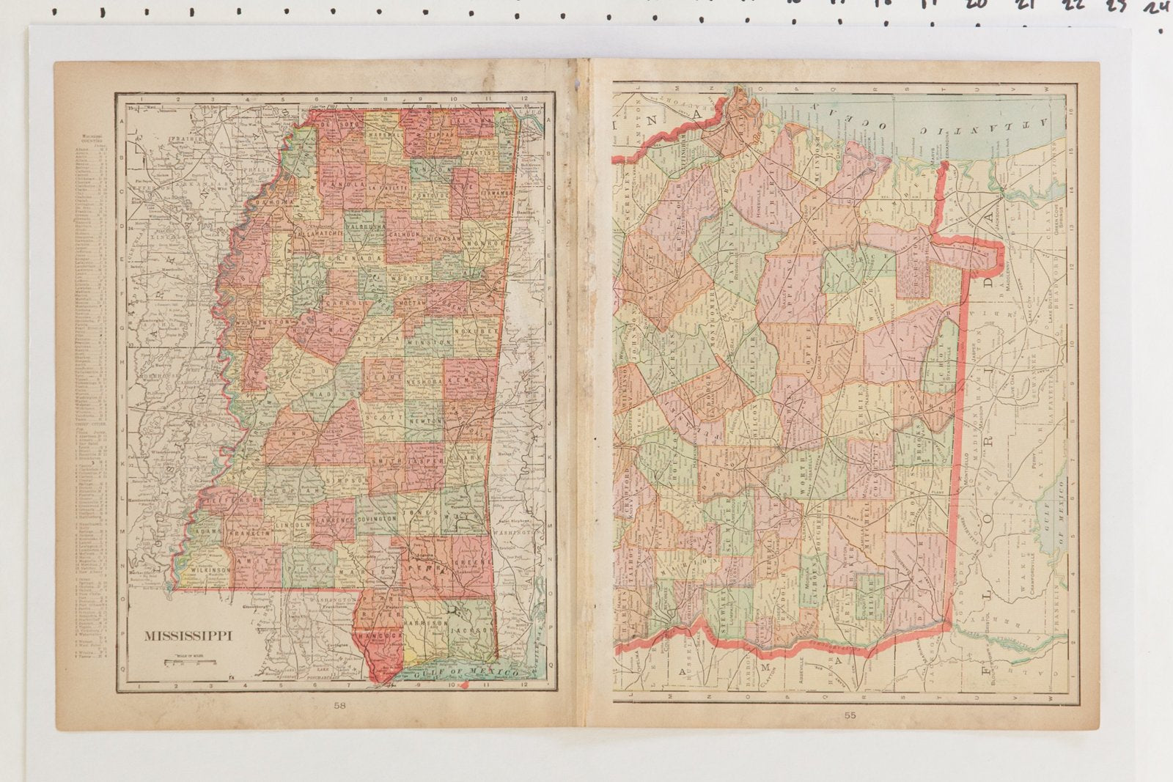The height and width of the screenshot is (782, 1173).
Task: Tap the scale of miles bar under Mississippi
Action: [190, 663]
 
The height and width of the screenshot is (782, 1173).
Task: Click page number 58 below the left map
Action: [339, 707]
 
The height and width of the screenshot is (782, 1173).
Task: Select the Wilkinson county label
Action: [210, 569]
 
